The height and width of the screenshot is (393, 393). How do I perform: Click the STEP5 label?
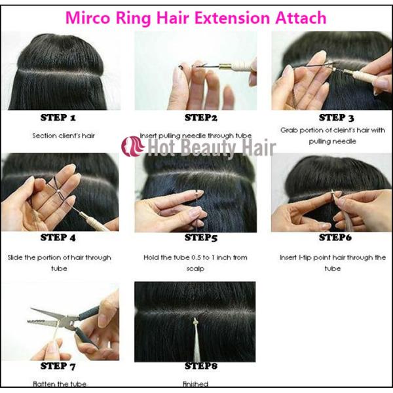pyautogui.click(x=200, y=237)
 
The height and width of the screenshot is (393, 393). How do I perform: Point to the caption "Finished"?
pyautogui.click(x=195, y=384)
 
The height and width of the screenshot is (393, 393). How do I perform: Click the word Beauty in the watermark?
pyautogui.click(x=204, y=148)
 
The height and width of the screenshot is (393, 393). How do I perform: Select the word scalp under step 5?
pyautogui.click(x=195, y=268)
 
